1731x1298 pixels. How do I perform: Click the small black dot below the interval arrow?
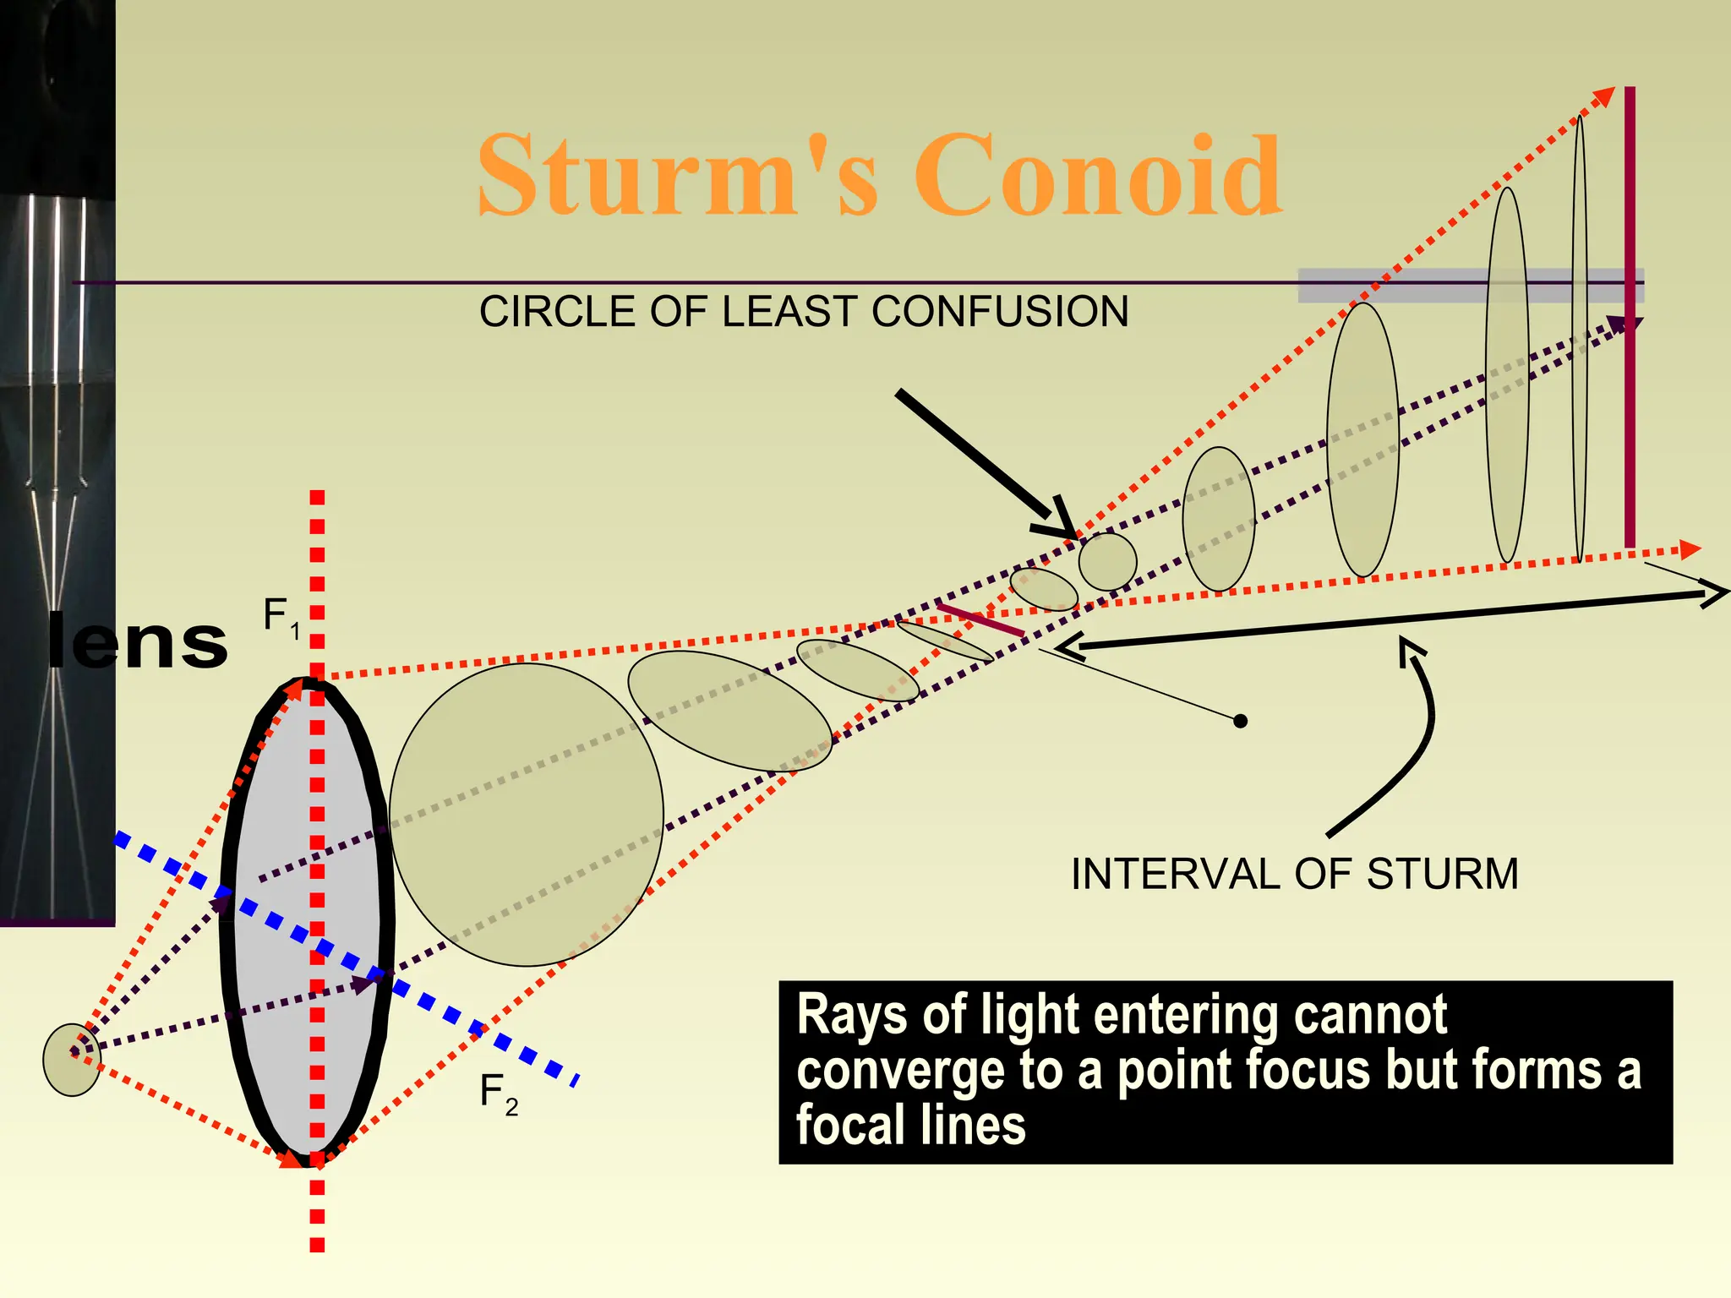[x=1240, y=721]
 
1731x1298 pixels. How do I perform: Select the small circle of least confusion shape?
[x=1107, y=561]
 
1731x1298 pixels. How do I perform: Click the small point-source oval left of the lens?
[x=72, y=1059]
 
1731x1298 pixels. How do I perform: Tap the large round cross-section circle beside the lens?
[x=526, y=814]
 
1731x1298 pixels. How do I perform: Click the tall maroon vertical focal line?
[x=1630, y=317]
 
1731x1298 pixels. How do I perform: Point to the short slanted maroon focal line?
[x=980, y=619]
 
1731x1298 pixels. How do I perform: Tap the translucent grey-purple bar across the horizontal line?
[x=1470, y=286]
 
